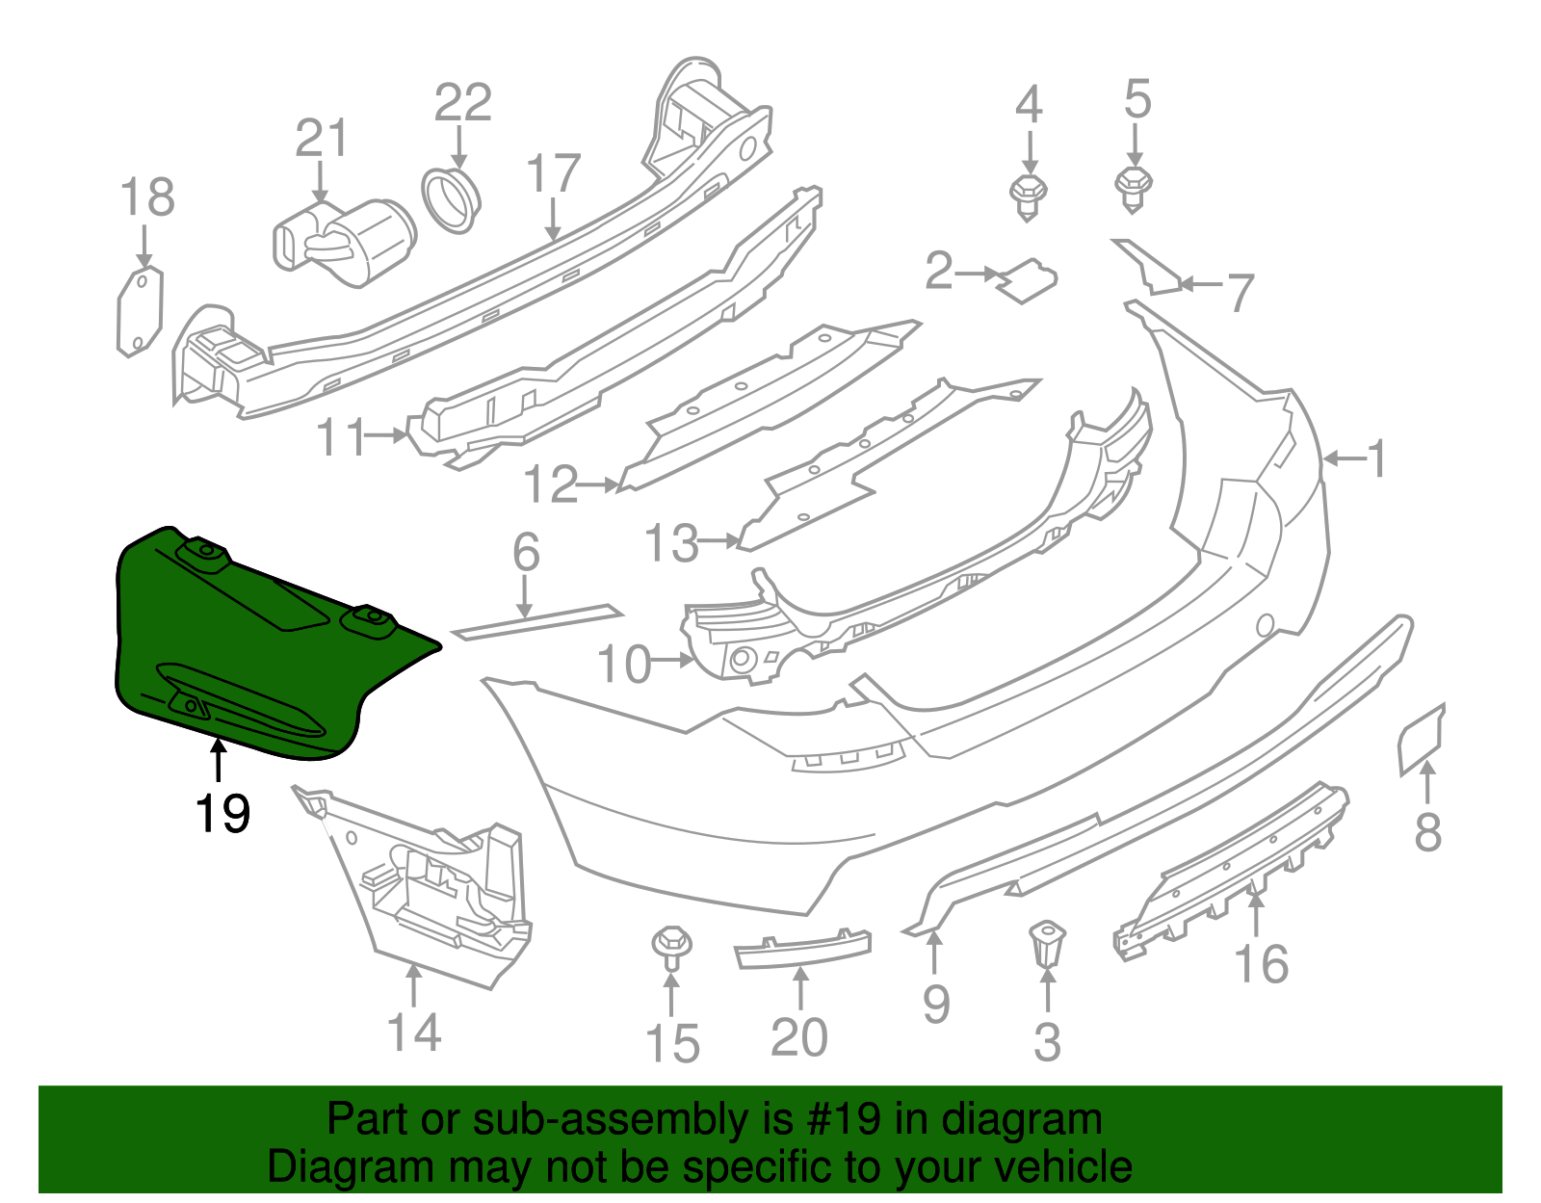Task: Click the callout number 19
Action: [x=222, y=814]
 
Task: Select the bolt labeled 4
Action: [x=1029, y=197]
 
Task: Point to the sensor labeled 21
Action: [x=347, y=241]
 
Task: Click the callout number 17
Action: [x=553, y=174]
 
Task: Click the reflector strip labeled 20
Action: [x=802, y=949]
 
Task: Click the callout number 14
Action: [x=414, y=1033]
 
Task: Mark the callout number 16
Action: [x=1262, y=964]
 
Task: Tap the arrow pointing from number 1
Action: [x=1343, y=459]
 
